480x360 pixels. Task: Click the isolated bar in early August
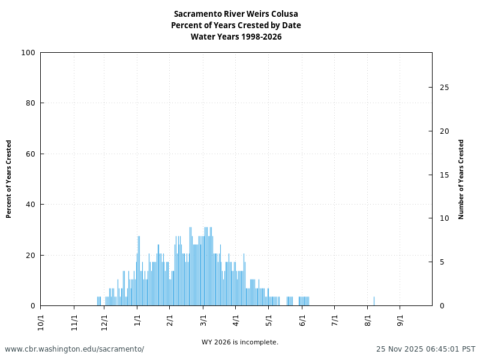(x=374, y=301)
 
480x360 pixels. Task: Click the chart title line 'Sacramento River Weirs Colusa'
(x=236, y=14)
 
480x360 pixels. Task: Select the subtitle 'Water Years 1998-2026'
(x=236, y=37)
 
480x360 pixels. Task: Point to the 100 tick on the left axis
(x=28, y=53)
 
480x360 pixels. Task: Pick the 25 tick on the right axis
(x=444, y=88)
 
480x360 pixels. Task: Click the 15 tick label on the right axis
(x=444, y=175)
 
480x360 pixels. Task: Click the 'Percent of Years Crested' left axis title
(x=9, y=179)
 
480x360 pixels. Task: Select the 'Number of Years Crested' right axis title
(x=461, y=179)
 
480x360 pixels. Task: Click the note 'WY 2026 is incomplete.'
(x=240, y=343)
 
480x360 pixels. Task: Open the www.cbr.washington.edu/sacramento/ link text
(x=74, y=349)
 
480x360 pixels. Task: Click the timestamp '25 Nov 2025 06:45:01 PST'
(x=425, y=349)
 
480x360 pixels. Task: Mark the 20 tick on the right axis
(x=444, y=131)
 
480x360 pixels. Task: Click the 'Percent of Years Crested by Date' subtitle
(x=236, y=25)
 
